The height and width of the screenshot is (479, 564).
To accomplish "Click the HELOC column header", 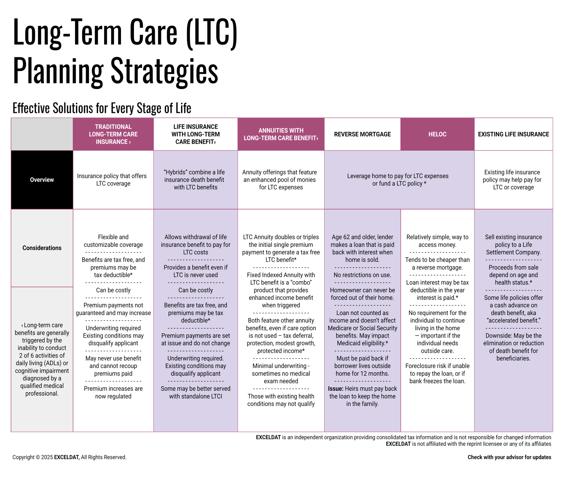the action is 437,134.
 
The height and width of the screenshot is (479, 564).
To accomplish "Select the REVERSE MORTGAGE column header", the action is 362,134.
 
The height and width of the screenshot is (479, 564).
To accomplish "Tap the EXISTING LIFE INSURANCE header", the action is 513,134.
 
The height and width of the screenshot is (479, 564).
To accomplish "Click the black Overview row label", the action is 42,180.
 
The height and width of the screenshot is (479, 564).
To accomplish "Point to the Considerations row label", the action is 42,248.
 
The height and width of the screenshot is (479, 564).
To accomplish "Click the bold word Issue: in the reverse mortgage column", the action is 336,389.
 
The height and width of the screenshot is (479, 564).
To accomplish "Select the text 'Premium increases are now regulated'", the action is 113,392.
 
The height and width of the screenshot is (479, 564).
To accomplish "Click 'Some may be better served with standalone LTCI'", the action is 195,392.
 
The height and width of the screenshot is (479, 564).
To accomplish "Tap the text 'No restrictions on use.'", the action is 362,275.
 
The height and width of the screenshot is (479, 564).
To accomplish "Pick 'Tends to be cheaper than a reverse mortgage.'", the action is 437,264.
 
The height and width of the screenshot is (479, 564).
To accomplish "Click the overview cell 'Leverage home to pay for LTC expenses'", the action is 398,176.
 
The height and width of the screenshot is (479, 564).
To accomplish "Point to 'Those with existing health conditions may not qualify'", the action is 281,400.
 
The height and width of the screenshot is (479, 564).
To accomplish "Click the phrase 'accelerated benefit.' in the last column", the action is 513,321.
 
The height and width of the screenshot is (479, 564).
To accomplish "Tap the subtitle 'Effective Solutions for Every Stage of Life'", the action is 102,108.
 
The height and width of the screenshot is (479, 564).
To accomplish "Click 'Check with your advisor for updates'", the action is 509,457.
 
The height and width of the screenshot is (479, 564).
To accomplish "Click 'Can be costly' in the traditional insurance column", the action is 113,290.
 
